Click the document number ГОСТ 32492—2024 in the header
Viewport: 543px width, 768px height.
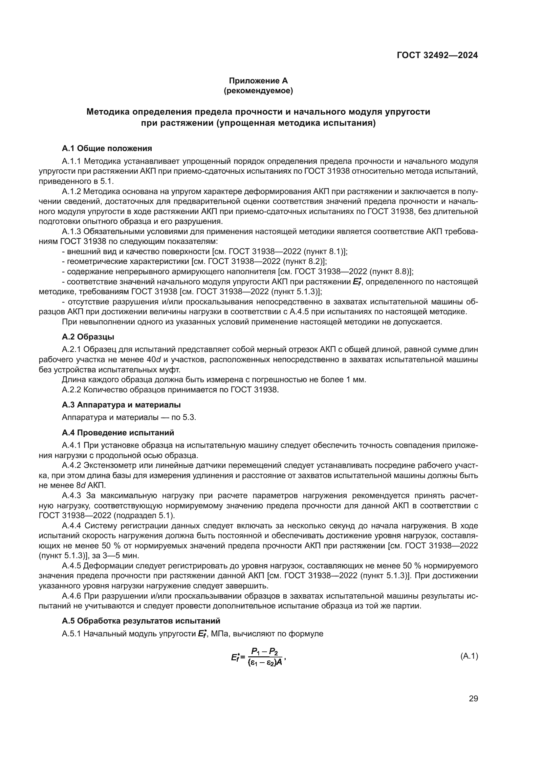pos(437,55)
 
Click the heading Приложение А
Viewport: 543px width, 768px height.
pos(258,81)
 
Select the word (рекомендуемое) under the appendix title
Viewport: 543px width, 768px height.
pos(258,91)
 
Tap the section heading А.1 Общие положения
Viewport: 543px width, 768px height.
pos(107,148)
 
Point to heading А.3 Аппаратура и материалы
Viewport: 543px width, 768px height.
pos(121,405)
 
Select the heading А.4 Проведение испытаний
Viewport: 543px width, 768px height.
pos(118,433)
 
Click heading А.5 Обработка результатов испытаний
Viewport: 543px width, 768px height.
pos(141,621)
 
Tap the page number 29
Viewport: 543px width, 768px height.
pos(473,699)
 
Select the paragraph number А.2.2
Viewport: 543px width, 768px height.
pos(72,390)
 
